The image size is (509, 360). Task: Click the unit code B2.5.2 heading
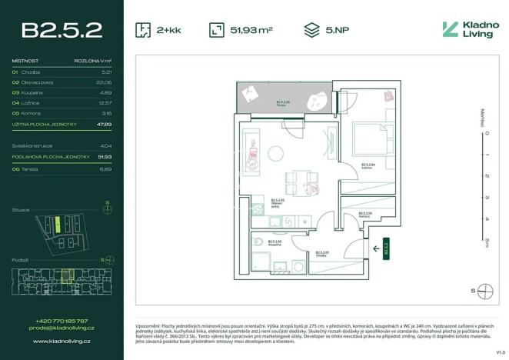click(62, 30)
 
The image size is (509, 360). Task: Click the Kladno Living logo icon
click(450, 30)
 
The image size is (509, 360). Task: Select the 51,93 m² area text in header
click(251, 30)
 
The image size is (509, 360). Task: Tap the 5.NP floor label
click(337, 30)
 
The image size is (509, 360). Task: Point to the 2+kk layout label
click(168, 30)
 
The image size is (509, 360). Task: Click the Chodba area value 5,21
click(107, 71)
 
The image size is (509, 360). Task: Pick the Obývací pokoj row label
click(39, 81)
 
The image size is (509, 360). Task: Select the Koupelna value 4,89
click(107, 92)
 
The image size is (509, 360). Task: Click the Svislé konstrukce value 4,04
click(107, 145)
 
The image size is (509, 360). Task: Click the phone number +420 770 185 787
click(62, 321)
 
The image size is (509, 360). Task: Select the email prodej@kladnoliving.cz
click(62, 328)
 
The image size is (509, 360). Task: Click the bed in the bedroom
click(371, 137)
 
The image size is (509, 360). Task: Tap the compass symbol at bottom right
click(484, 290)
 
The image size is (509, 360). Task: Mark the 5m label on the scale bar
click(486, 243)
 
